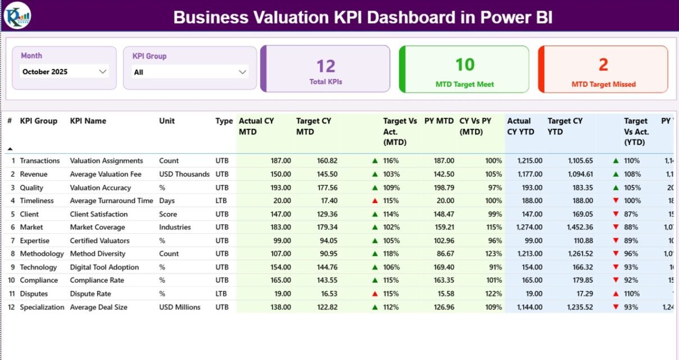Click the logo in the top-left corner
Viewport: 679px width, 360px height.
coord(17,15)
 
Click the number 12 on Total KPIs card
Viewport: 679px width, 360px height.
coord(325,66)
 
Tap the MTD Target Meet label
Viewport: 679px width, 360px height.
coord(465,85)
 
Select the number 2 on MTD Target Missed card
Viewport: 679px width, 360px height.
coord(603,65)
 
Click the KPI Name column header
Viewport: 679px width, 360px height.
coord(88,121)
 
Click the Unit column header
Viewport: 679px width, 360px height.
coord(167,121)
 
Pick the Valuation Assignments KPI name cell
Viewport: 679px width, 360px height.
coord(107,161)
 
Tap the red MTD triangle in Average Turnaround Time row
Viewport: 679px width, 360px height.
coord(375,201)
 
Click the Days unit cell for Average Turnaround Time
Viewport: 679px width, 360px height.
coord(167,201)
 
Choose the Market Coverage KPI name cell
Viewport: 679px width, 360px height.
coord(98,227)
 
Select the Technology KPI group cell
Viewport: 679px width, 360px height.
coord(38,267)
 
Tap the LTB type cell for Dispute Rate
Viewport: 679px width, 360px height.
coord(222,294)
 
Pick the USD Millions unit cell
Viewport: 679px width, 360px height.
coord(180,307)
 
